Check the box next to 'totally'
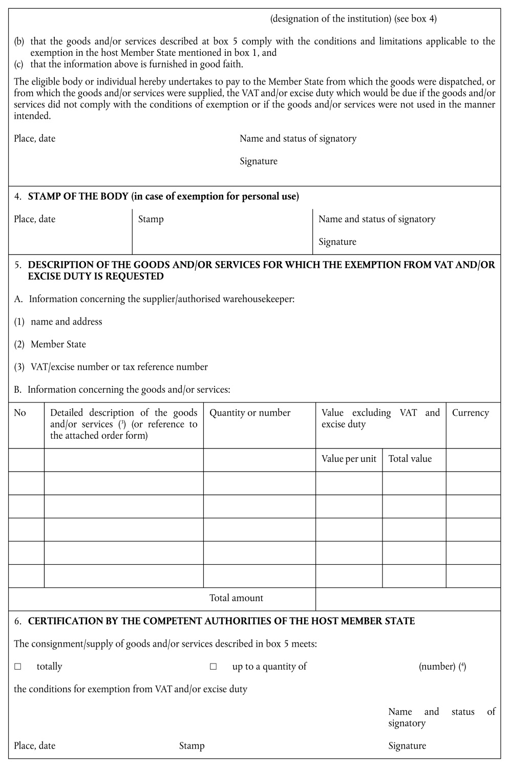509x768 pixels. (18, 667)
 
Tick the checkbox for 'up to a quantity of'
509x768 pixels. (214, 667)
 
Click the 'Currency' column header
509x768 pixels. (470, 413)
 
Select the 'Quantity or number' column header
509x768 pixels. (250, 413)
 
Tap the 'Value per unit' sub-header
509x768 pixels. (349, 459)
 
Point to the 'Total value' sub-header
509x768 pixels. (410, 459)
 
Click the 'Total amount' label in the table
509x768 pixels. (236, 598)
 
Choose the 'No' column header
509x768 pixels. (20, 413)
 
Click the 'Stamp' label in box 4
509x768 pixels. (151, 219)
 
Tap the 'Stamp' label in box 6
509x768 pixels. (192, 745)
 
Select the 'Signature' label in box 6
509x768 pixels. (407, 745)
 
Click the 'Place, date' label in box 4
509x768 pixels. (34, 219)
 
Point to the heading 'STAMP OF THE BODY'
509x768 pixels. (78, 197)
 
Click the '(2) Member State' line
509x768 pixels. (50, 344)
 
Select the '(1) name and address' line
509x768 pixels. (58, 322)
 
